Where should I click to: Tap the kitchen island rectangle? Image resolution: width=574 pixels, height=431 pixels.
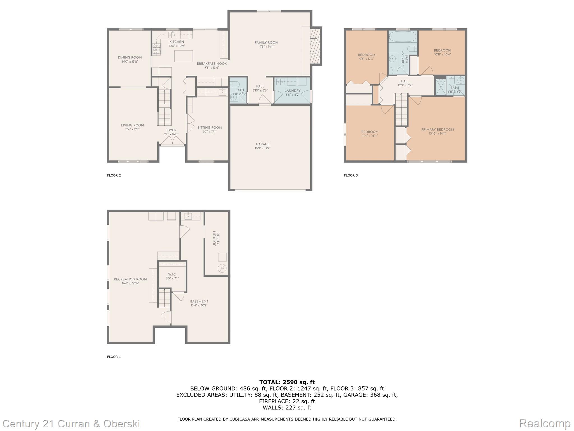pyautogui.click(x=184, y=56)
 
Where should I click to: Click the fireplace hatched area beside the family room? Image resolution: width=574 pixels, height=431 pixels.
pyautogui.click(x=316, y=46)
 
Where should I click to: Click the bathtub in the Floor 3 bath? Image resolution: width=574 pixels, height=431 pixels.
pyautogui.click(x=403, y=36)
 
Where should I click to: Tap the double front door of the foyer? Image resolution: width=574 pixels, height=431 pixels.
pyautogui.click(x=172, y=141)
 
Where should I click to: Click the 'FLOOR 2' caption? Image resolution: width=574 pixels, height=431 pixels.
pyautogui.click(x=114, y=175)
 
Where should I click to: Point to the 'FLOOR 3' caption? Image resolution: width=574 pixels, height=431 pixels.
pyautogui.click(x=351, y=175)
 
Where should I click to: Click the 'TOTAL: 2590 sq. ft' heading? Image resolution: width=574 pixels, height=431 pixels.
pyautogui.click(x=287, y=382)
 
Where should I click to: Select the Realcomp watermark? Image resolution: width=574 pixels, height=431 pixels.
pyautogui.click(x=545, y=423)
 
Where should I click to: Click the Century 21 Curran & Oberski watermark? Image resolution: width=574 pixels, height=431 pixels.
pyautogui.click(x=71, y=423)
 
